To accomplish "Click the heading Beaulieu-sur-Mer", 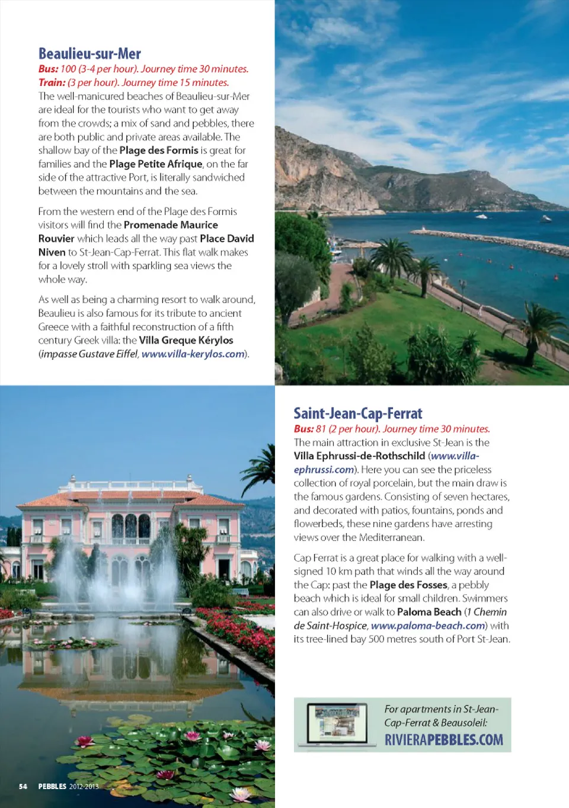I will pyautogui.click(x=89, y=54).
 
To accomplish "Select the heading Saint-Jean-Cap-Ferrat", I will pyautogui.click(x=358, y=413).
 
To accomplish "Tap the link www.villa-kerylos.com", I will pyautogui.click(x=193, y=354).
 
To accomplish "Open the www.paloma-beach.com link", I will pyautogui.click(x=428, y=626).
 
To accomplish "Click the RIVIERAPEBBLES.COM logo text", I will pyautogui.click(x=443, y=740).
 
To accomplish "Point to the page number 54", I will pyautogui.click(x=23, y=787).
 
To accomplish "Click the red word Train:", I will pyautogui.click(x=52, y=83).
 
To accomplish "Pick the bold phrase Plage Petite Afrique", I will pyautogui.click(x=155, y=164).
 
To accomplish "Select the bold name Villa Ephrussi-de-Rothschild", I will pyautogui.click(x=359, y=456).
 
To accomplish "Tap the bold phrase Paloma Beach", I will pyautogui.click(x=429, y=612).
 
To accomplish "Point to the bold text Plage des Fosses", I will pyautogui.click(x=408, y=585).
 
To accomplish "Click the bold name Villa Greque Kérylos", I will pyautogui.click(x=186, y=341).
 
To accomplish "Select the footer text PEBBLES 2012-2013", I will pyautogui.click(x=68, y=787).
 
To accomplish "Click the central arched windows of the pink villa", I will pyautogui.click(x=130, y=525).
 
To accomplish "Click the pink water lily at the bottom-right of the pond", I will pyautogui.click(x=241, y=793).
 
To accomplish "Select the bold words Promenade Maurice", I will pyautogui.click(x=171, y=225).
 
